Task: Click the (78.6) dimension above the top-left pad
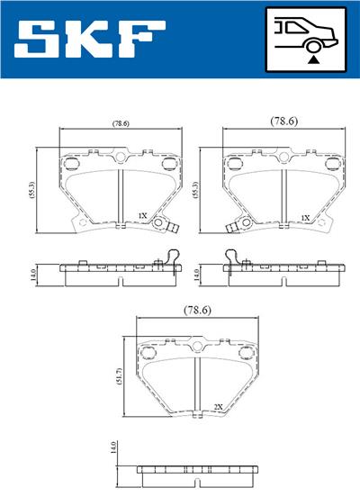pos(120,122)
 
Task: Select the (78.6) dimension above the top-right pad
pos(284,120)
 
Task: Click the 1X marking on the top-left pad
pos(141,216)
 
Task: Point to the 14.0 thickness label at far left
pos(33,273)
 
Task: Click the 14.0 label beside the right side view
pos(198,273)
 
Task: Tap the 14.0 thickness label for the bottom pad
pos(113,449)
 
